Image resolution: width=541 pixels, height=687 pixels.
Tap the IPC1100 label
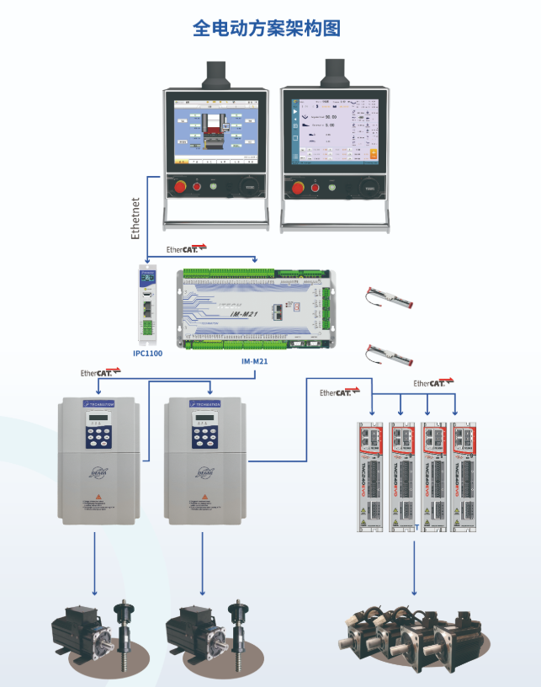tap(147, 354)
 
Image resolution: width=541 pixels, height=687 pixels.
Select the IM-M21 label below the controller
tap(255, 361)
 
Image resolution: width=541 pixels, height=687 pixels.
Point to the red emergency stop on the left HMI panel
tap(178, 186)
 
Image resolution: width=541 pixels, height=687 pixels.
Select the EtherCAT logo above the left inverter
tap(96, 372)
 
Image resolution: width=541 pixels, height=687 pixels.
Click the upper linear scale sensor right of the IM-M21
tap(388, 298)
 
